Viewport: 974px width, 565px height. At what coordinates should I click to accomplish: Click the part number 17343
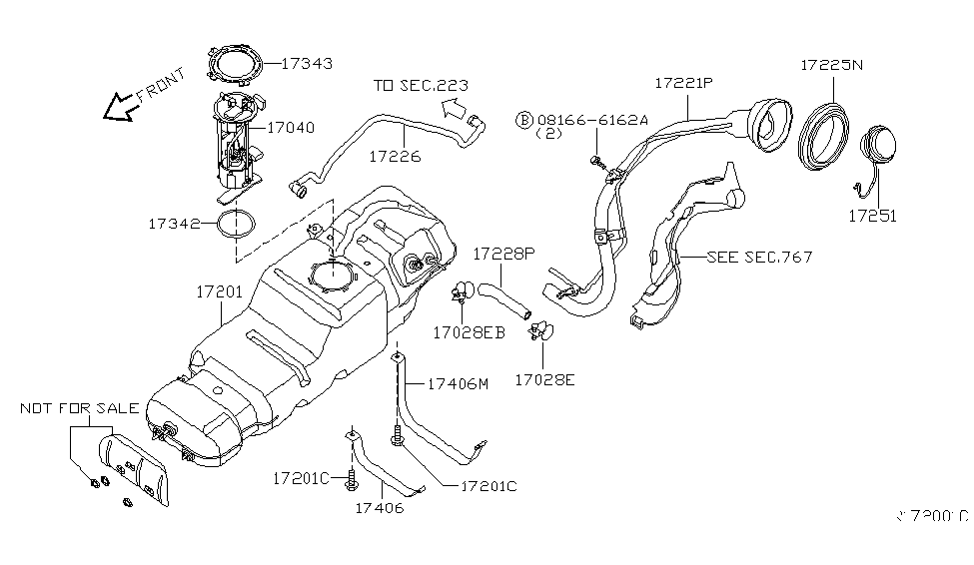[308, 63]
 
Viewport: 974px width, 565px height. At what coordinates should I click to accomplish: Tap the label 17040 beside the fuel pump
[291, 128]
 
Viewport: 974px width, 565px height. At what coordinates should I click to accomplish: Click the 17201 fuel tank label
[221, 292]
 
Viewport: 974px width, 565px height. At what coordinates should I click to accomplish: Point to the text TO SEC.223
[421, 86]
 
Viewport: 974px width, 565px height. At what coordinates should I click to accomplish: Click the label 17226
[395, 157]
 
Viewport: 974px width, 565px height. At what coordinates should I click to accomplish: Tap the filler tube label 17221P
[684, 84]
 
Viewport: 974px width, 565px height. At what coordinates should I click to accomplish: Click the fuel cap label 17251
[873, 215]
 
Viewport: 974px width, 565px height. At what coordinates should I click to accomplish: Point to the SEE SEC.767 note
[759, 257]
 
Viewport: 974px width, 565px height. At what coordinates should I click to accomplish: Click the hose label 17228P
[506, 254]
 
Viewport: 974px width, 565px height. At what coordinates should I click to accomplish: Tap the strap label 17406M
[459, 383]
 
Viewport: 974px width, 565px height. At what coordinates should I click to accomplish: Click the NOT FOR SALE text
[81, 408]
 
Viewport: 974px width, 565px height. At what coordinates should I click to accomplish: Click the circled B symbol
[524, 120]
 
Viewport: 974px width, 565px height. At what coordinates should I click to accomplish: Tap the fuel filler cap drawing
[880, 149]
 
